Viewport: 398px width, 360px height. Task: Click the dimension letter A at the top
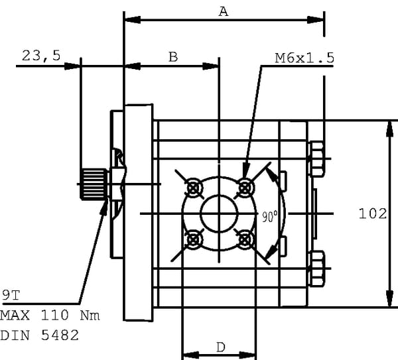(x=224, y=11)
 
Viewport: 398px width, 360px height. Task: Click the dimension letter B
(x=172, y=57)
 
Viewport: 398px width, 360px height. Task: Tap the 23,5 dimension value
(x=41, y=56)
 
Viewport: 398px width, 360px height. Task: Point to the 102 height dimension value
(x=372, y=213)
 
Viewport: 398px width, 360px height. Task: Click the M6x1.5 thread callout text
(x=304, y=58)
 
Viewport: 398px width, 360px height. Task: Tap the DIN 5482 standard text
(x=39, y=335)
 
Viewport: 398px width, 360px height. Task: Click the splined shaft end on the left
(x=93, y=184)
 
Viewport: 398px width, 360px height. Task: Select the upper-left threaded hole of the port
(x=194, y=188)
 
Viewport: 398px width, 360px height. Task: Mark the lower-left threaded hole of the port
(x=194, y=239)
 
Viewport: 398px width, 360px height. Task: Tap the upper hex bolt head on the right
(x=317, y=161)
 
